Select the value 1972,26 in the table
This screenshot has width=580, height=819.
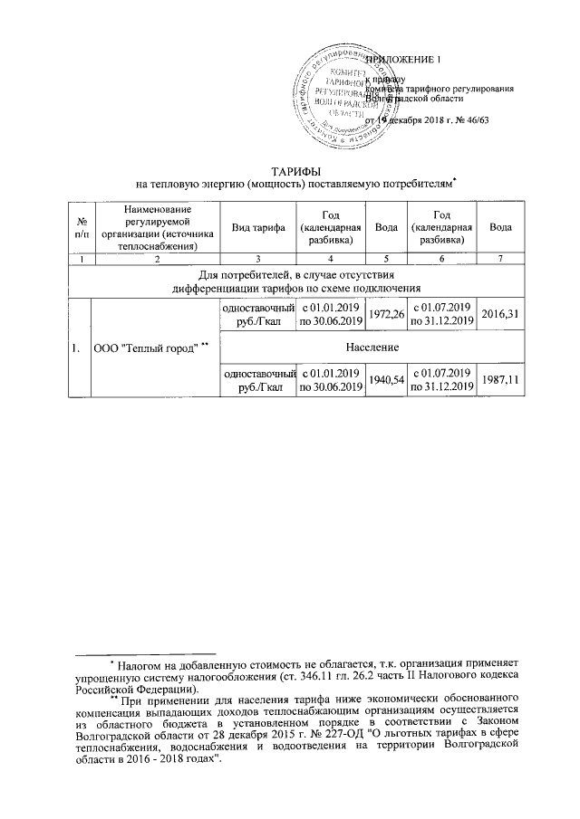coord(389,315)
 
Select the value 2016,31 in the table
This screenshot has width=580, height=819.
coord(500,315)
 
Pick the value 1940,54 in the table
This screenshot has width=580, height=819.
coord(389,378)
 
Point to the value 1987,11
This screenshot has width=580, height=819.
coord(500,378)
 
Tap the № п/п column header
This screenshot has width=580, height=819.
coord(82,228)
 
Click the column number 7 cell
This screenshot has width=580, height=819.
coord(500,260)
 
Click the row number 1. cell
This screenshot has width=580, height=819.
coord(82,347)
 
